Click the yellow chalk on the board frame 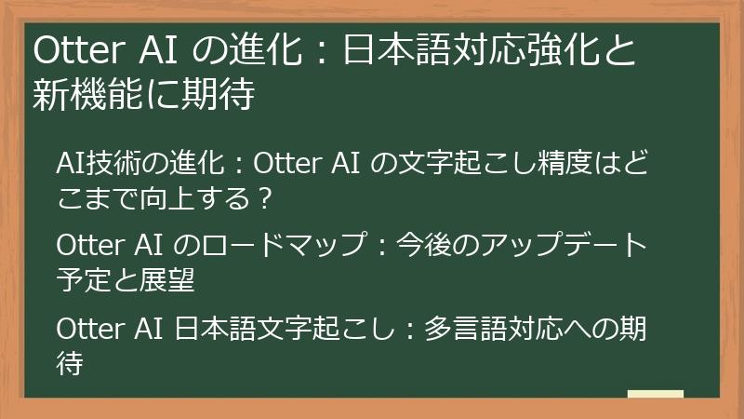655,394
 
